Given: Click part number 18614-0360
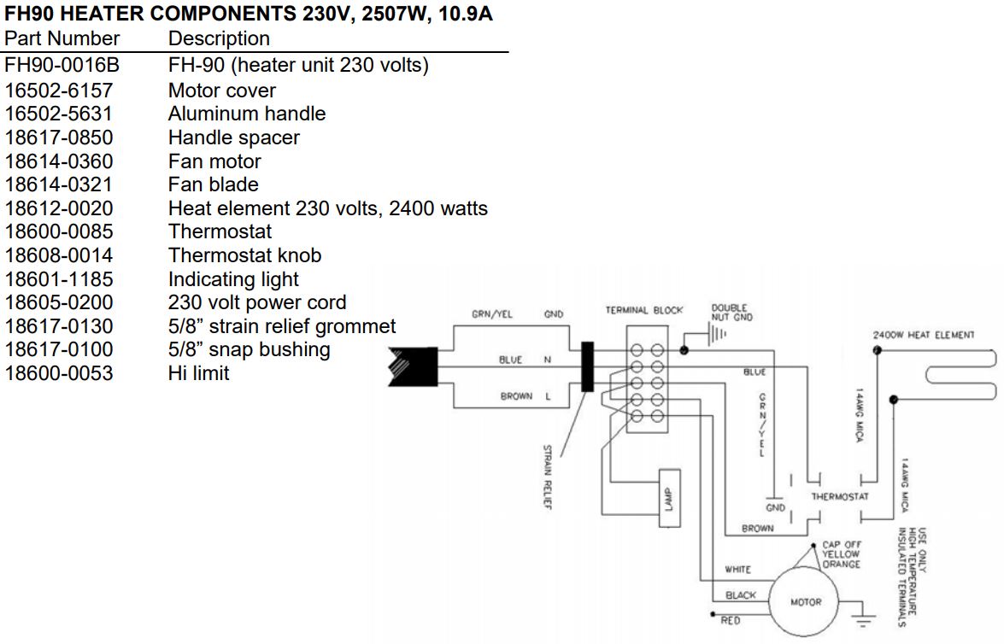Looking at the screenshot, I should pyautogui.click(x=58, y=161).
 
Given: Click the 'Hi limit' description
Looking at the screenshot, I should pyautogui.click(x=198, y=373).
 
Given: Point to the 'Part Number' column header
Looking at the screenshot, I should pyautogui.click(x=62, y=39).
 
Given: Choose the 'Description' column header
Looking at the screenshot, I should pyautogui.click(x=219, y=39).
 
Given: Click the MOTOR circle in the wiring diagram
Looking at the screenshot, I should pyautogui.click(x=805, y=601).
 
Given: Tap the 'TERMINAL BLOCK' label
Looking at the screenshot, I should pyautogui.click(x=644, y=310).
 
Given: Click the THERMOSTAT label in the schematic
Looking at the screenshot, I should pyautogui.click(x=840, y=496).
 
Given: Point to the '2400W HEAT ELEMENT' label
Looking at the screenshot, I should pyautogui.click(x=923, y=335).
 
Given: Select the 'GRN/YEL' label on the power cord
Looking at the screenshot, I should pyautogui.click(x=492, y=314).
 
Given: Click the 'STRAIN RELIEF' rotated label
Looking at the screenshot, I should pyautogui.click(x=548, y=476).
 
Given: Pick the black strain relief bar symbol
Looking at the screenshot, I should pyautogui.click(x=587, y=366).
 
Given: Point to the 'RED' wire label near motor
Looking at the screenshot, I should pyautogui.click(x=731, y=621).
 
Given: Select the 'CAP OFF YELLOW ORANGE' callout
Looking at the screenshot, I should pyautogui.click(x=841, y=554).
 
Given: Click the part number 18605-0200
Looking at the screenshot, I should pyautogui.click(x=58, y=303).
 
